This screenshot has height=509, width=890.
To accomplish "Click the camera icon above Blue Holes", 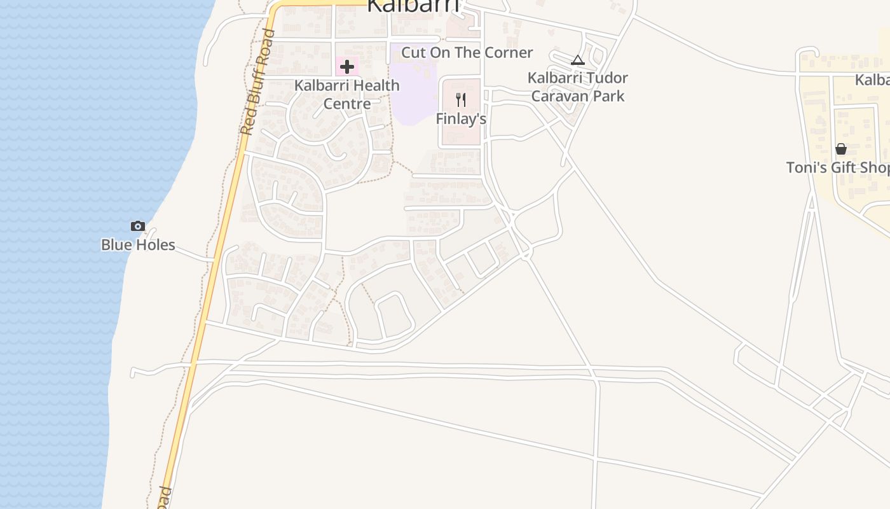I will click(138, 226).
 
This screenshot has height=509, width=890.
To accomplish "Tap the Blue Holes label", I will click(138, 245).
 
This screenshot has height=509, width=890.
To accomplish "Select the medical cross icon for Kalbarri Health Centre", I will click(347, 66).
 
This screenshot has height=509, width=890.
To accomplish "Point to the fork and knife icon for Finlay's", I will click(461, 100).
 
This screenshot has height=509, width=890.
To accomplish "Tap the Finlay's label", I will click(461, 119).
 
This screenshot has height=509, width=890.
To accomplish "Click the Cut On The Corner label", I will click(467, 52).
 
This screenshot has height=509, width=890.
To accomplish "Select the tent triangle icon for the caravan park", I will click(577, 60).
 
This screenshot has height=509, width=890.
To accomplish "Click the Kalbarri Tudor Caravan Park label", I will click(578, 87).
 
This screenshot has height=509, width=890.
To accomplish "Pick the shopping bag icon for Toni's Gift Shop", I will click(841, 149).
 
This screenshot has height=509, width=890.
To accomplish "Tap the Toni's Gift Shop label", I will click(838, 167).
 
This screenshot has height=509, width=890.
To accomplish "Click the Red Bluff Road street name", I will click(257, 83).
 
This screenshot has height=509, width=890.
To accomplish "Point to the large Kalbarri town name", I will click(413, 5).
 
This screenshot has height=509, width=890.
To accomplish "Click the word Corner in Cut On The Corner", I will click(510, 52).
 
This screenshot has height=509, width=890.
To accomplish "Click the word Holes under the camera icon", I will click(155, 245).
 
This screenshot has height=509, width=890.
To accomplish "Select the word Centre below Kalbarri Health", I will click(347, 103).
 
